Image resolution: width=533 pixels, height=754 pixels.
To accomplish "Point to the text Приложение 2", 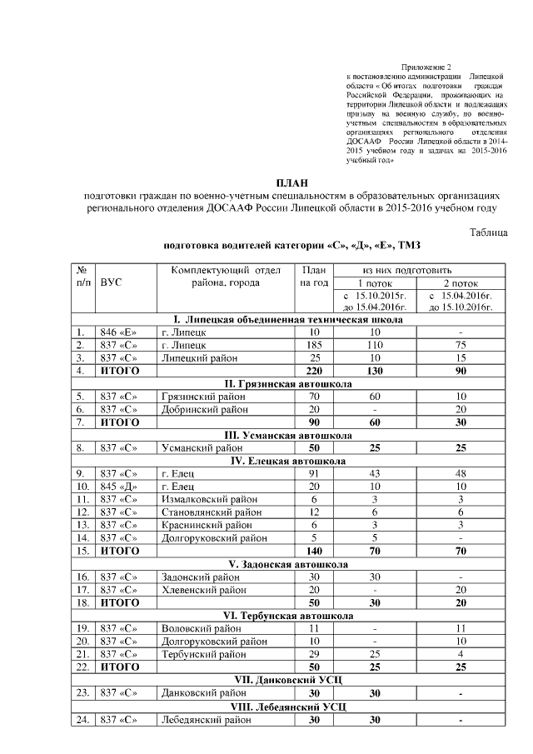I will tap(426, 67).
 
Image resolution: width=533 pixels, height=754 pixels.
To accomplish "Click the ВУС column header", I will tap(112, 282).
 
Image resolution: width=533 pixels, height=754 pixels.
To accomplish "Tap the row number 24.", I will tap(82, 717).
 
